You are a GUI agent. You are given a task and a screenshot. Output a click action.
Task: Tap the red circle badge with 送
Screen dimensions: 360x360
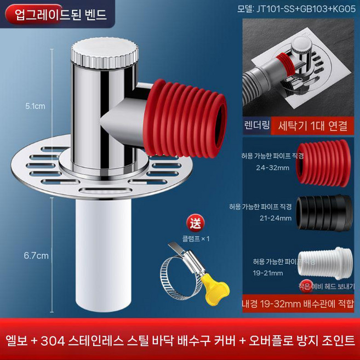pos(195,223)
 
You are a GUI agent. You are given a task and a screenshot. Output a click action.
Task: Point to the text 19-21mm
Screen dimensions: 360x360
pos(268,273)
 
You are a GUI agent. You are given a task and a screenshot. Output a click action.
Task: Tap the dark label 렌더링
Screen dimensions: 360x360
pos(257,125)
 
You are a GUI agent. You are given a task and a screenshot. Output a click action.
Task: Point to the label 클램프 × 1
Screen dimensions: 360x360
pos(196,239)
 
